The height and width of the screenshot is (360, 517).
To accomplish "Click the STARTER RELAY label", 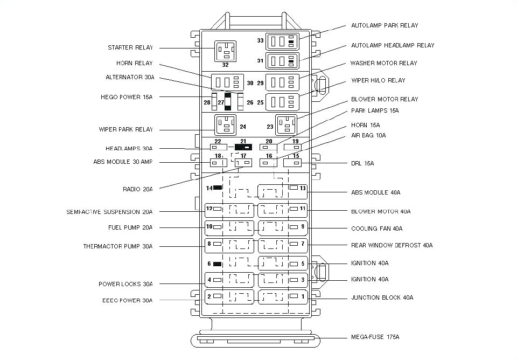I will pos(130,48).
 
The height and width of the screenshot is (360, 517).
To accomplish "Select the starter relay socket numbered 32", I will pos(225,51).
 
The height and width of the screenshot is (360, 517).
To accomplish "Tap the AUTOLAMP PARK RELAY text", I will pos(385,25).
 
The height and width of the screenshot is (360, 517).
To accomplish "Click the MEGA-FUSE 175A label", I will pos(375,337).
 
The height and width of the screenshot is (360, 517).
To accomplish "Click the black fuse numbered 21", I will pos(243,147).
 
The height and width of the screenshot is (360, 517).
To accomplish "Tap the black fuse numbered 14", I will pos(218,188).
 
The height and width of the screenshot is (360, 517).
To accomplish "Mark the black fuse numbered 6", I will pos(218,264).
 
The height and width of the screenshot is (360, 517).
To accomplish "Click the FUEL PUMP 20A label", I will pos(130,227).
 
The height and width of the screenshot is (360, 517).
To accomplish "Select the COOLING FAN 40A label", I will pos(376,229).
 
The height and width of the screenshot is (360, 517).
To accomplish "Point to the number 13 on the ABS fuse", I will pos(303,188).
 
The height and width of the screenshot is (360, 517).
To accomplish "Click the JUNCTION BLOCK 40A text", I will pos(382,297).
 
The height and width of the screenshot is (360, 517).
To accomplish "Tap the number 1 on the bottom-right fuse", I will pos(303,296).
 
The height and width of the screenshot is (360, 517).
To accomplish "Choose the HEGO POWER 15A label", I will pos(126,97).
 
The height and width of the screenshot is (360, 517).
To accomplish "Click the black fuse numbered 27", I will pos(228,101).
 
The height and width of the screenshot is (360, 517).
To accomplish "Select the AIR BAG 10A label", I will pos(368,135).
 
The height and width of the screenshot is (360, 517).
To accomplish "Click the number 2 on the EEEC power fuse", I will pos(209,296).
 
